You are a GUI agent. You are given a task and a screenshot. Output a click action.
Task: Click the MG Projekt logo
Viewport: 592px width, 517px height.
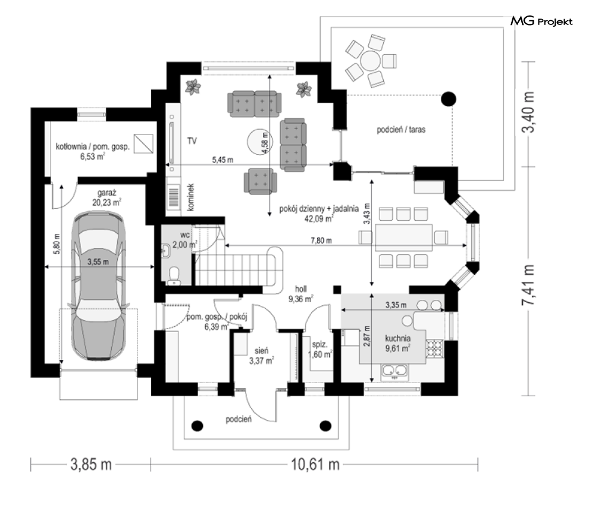[x=541, y=21]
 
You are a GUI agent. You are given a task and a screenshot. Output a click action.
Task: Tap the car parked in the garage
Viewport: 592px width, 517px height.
[x=98, y=286]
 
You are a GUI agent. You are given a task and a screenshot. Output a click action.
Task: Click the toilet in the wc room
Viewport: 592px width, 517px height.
[x=174, y=275]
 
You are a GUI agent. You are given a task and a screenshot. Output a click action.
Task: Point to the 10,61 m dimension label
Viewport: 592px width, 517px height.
[x=315, y=464]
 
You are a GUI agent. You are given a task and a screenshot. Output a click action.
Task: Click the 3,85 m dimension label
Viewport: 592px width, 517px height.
[x=91, y=464]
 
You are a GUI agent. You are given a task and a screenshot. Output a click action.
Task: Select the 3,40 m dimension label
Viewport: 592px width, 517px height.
[x=528, y=112]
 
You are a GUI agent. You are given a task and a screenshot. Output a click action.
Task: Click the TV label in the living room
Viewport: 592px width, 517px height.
[x=192, y=141]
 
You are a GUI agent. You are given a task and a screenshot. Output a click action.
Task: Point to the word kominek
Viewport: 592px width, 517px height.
[x=190, y=197]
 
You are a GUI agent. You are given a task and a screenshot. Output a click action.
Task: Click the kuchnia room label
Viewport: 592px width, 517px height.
[x=398, y=339]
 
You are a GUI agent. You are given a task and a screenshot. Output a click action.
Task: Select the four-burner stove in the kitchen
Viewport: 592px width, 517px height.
[x=434, y=349]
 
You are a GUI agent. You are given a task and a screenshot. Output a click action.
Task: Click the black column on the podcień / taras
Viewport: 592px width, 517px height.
[x=449, y=99]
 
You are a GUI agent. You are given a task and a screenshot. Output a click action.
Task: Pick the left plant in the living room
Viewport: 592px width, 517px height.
[x=193, y=87]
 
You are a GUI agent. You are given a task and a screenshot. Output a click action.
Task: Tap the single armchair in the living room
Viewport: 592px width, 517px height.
[x=261, y=181]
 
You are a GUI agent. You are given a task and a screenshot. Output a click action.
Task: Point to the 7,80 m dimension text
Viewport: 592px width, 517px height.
[x=321, y=240]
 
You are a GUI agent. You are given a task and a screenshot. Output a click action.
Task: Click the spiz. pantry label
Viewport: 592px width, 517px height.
[x=320, y=344]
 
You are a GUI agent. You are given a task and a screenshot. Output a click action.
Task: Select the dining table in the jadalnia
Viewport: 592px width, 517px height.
[x=403, y=237]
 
